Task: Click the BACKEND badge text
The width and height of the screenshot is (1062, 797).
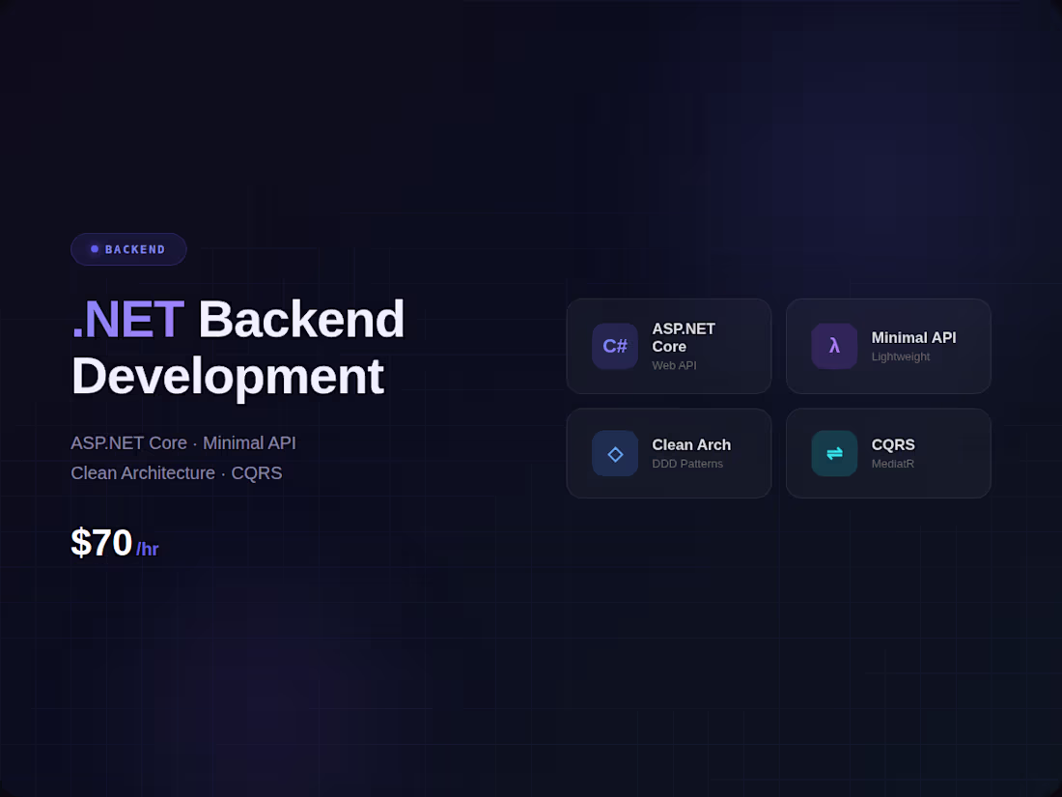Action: pos(135,249)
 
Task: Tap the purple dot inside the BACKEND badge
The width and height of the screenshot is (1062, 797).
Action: pos(95,249)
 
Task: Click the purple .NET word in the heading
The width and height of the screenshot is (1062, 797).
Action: pos(126,320)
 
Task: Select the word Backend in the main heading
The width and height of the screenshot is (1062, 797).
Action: pos(301,320)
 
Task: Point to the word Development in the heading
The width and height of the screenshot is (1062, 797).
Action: pos(227,376)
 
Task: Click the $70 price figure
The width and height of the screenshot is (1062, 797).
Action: pos(101,543)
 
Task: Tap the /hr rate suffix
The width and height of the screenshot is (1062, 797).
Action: pos(148,550)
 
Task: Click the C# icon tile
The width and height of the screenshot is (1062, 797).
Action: pos(615,346)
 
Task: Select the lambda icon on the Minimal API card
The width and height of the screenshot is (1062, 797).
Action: pos(834,346)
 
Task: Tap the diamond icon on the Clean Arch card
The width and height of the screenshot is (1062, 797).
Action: pos(615,453)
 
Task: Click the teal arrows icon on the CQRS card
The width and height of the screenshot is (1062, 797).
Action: pos(834,453)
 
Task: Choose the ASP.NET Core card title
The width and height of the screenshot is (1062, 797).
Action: pos(684,337)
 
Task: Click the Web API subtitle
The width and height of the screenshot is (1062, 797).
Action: pos(674,365)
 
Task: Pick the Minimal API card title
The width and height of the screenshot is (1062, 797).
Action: pos(913,337)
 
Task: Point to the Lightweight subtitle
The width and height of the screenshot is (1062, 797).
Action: pos(900,356)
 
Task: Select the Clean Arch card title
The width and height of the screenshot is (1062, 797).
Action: pos(691,444)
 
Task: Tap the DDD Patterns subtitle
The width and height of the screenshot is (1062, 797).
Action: pos(687,464)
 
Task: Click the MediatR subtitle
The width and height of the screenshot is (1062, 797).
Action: pos(892,464)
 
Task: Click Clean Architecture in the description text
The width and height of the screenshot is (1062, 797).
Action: pos(143,473)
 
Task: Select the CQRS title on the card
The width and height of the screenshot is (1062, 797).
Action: pos(893,444)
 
